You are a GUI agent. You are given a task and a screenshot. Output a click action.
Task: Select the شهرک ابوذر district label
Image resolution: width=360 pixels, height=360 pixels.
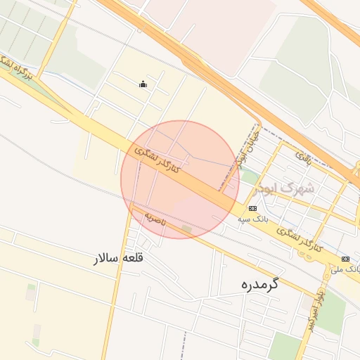(x=288, y=188)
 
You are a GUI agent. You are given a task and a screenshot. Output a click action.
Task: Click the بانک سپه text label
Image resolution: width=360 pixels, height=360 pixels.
(x=252, y=219)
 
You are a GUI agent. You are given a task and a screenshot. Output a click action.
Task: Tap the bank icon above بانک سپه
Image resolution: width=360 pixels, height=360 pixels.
(x=252, y=208)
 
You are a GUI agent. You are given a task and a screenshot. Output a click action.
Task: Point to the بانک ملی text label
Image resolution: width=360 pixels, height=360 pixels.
(x=346, y=269)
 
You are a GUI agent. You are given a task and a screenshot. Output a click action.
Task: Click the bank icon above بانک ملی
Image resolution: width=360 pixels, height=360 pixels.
(x=345, y=259)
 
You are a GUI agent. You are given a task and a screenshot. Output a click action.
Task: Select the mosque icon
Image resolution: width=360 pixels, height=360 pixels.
(x=143, y=85)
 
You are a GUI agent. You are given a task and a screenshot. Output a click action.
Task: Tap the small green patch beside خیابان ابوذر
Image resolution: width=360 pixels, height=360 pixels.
(x=250, y=177)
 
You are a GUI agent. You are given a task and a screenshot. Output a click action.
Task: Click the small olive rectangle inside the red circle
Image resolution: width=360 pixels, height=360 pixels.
(x=186, y=229)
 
